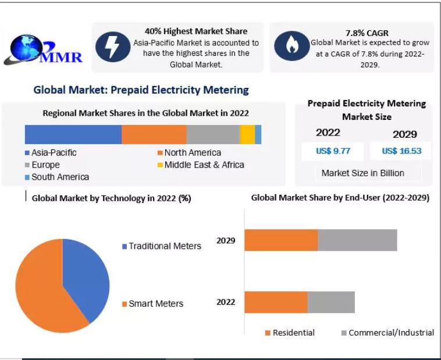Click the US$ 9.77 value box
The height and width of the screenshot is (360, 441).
(x=333, y=151)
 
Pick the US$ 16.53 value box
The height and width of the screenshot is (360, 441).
(x=401, y=151)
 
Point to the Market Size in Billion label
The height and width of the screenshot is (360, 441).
(x=362, y=173)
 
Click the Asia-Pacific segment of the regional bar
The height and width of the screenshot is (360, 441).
(x=73, y=134)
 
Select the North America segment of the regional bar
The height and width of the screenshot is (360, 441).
(x=154, y=134)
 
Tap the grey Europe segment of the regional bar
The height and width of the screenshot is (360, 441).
(x=213, y=134)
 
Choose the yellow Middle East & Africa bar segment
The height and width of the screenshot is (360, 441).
(x=247, y=134)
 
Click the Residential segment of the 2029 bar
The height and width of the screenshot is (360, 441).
(x=281, y=240)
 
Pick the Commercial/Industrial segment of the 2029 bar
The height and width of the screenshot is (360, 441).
(x=357, y=240)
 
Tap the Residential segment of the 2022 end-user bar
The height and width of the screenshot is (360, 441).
(x=276, y=302)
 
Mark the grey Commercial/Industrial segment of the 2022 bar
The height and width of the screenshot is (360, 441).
(x=331, y=302)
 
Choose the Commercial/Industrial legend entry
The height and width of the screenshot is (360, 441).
(x=387, y=333)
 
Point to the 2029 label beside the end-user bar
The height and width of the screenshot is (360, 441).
(x=226, y=240)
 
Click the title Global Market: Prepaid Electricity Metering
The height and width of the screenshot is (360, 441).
(x=141, y=90)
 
